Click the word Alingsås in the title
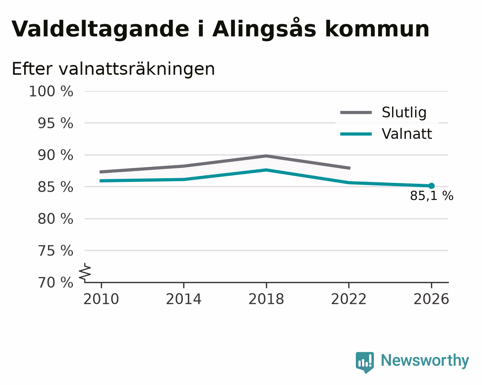[x=264, y=29]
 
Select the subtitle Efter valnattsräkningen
[x=113, y=69]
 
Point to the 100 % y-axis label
[x=51, y=91]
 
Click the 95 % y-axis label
[x=55, y=123]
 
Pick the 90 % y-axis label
[x=55, y=155]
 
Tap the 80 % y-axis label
[x=55, y=219]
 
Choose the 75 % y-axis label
[x=55, y=251]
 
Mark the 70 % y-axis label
[x=55, y=282]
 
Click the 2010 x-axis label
[x=101, y=299]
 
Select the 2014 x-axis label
[x=184, y=299]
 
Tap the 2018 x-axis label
[x=266, y=299]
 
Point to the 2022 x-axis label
[x=349, y=299]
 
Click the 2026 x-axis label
[x=431, y=299]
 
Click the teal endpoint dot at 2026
[x=432, y=186]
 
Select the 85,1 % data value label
[x=432, y=196]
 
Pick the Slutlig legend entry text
[x=404, y=112]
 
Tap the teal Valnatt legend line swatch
[x=356, y=134]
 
